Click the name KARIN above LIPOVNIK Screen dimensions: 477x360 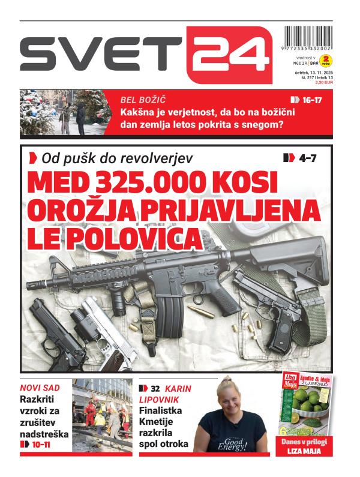coord(178,388)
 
